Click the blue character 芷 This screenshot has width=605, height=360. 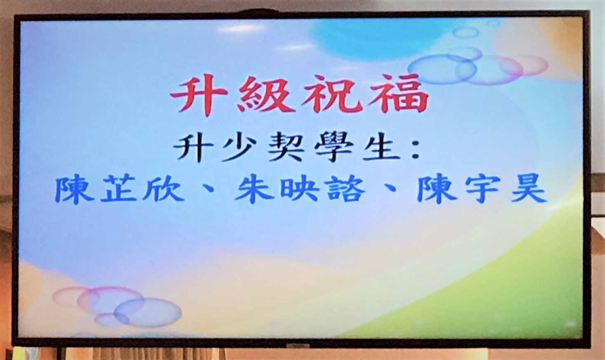(119, 189)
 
